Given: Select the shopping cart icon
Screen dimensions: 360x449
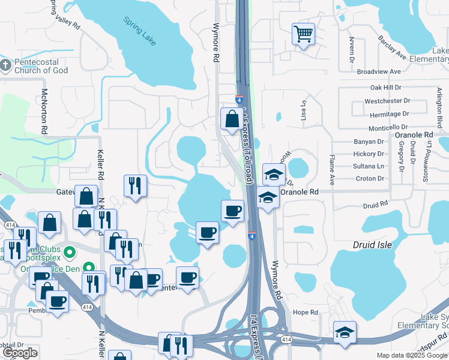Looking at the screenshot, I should point(303,34).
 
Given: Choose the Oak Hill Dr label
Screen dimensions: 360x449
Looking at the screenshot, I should point(385,88).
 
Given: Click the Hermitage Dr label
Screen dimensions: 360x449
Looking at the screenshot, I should point(389,113).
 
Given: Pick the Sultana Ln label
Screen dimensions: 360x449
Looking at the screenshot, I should point(370,166).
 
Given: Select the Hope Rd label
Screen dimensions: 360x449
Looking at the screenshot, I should point(305,312).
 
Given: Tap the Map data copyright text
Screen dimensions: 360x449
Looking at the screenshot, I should point(411,355).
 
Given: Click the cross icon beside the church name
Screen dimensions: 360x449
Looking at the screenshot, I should point(5,64).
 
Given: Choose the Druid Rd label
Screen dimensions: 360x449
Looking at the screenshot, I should point(376,205).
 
